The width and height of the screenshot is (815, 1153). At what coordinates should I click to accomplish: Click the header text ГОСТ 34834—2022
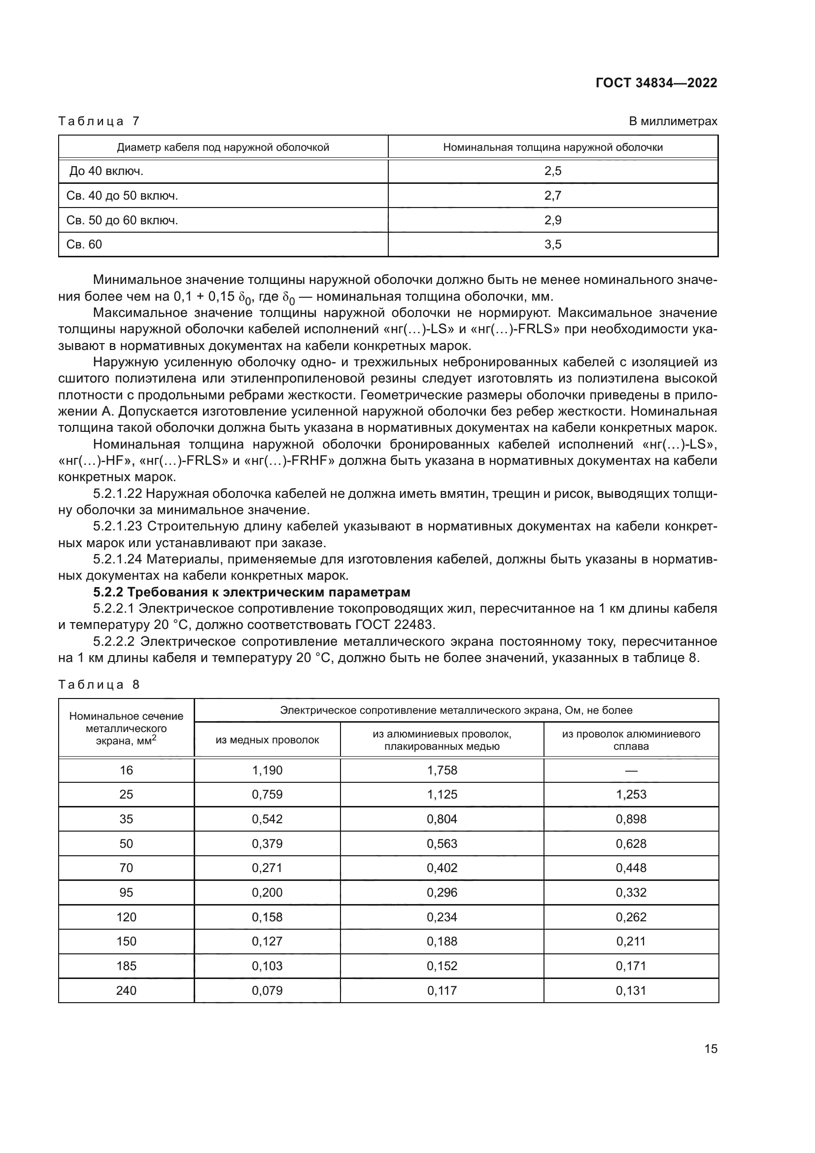click(x=656, y=83)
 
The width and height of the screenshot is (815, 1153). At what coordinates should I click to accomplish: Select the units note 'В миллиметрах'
click(x=673, y=121)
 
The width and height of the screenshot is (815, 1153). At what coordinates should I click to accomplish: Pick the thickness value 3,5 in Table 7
click(x=552, y=245)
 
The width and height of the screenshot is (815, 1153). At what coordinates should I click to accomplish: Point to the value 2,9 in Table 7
click(x=552, y=220)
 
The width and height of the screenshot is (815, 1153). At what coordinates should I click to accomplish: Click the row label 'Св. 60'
click(x=84, y=245)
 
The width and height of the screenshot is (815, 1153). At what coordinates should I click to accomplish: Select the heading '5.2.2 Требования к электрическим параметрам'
click(x=251, y=592)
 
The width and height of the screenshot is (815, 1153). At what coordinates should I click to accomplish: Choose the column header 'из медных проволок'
click(x=267, y=740)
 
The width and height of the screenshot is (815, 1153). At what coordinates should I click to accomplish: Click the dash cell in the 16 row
click(x=631, y=770)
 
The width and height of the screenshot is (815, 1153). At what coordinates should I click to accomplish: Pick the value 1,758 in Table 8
click(x=441, y=770)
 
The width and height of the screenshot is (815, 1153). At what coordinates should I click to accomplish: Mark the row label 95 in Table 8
click(x=126, y=892)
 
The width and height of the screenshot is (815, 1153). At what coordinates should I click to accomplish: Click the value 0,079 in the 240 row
click(x=267, y=990)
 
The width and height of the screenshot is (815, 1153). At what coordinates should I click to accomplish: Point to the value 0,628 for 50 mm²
click(x=631, y=843)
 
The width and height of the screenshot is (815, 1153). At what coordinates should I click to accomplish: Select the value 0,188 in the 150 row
click(x=441, y=941)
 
